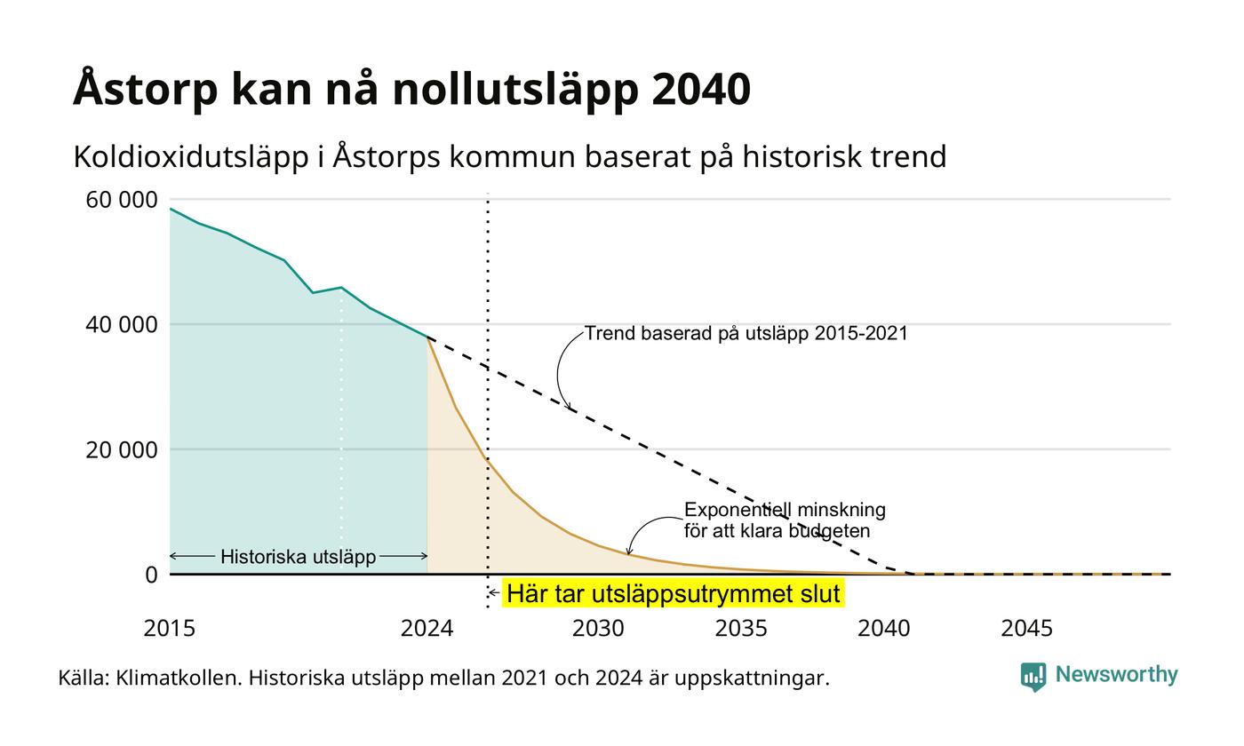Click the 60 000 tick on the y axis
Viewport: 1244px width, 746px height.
(x=122, y=200)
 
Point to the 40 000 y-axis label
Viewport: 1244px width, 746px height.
(x=122, y=325)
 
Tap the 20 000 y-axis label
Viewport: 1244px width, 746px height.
(x=122, y=450)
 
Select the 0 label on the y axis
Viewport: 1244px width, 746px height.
(x=152, y=575)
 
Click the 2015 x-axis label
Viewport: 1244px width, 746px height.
(x=170, y=629)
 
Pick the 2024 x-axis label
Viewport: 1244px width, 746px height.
(x=427, y=629)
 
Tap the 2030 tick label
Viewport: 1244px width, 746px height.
(x=598, y=629)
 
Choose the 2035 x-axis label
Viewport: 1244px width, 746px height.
(x=741, y=629)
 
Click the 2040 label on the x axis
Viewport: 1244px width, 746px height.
(x=883, y=629)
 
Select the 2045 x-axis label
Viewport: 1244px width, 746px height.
(x=1027, y=629)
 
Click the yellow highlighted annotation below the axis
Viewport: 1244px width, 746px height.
(x=674, y=593)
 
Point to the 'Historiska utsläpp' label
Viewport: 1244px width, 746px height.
(x=299, y=557)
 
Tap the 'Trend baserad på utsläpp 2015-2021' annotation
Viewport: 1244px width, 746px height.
(x=746, y=333)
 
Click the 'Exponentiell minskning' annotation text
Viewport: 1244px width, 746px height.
(x=785, y=510)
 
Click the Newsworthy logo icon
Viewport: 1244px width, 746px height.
(x=1033, y=677)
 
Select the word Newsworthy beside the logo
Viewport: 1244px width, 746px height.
(x=1116, y=674)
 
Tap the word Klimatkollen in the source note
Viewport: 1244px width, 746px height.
(x=179, y=679)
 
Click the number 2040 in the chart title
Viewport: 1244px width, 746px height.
(x=701, y=90)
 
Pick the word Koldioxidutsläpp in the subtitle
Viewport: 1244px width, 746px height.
(x=191, y=157)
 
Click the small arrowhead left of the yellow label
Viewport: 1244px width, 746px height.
(x=490, y=593)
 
